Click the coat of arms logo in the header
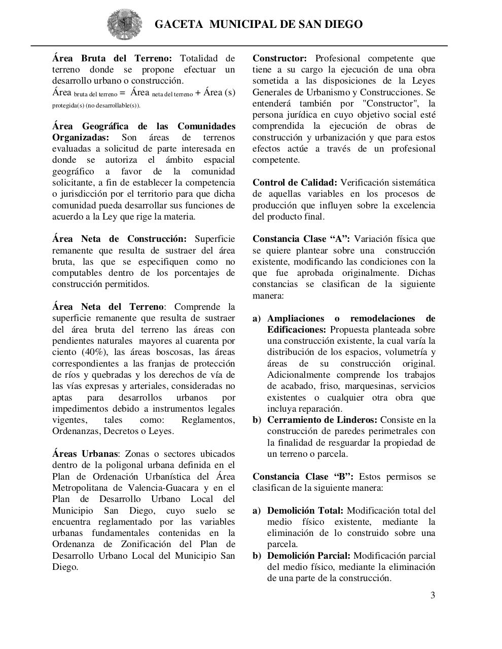click(121, 24)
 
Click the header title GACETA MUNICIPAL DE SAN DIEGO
click(258, 24)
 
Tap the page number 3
click(433, 595)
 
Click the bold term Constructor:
click(279, 58)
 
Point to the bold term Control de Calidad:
click(295, 183)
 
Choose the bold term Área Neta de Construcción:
click(119, 239)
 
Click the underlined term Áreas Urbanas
click(85, 454)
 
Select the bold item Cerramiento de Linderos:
click(322, 420)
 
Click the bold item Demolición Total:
click(305, 511)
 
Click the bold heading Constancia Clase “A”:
click(301, 239)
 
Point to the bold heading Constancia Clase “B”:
click(303, 477)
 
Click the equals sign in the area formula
click(122, 93)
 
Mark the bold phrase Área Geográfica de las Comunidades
click(144, 126)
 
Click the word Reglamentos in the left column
click(208, 420)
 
